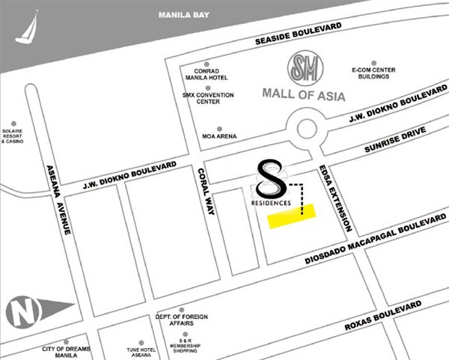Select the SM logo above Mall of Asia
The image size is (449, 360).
305,70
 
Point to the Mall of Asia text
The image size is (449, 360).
305,96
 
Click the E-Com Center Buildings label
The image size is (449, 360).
372,73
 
